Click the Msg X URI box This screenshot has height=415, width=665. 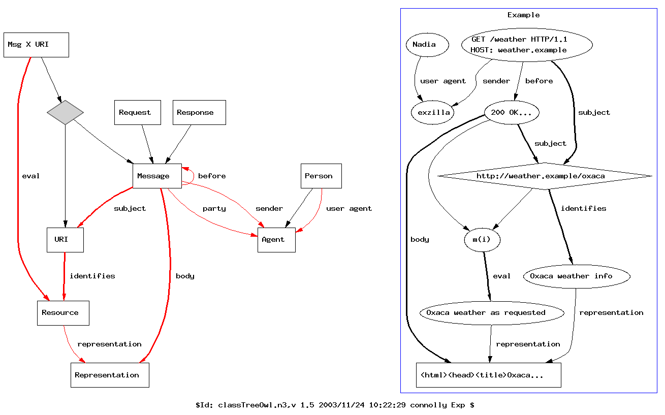pyautogui.click(x=36, y=45)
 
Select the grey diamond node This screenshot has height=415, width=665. pyautogui.click(x=65, y=112)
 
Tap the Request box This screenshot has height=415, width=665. pyautogui.click(x=138, y=112)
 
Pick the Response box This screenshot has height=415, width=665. pyautogui.click(x=199, y=112)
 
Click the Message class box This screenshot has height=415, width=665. pyautogui.click(x=157, y=176)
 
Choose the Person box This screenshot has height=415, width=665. pyautogui.click(x=321, y=176)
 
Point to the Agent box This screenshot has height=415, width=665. pyautogui.click(x=276, y=240)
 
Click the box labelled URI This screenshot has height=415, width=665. pyautogui.click(x=65, y=240)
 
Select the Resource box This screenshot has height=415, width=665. pyautogui.click(x=63, y=313)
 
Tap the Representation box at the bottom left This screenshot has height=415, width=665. pyautogui.click(x=110, y=375)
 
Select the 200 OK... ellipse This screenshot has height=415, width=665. pyautogui.click(x=512, y=112)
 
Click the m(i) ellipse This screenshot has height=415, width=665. pyautogui.click(x=482, y=240)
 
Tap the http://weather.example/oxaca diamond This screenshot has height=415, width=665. pyautogui.click(x=544, y=176)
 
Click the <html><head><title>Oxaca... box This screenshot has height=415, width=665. pyautogui.click(x=488, y=375)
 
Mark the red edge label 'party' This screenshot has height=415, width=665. pyautogui.click(x=214, y=208)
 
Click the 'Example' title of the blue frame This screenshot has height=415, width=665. pyautogui.click(x=523, y=15)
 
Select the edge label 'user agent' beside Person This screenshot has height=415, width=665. pyautogui.click(x=349, y=208)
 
